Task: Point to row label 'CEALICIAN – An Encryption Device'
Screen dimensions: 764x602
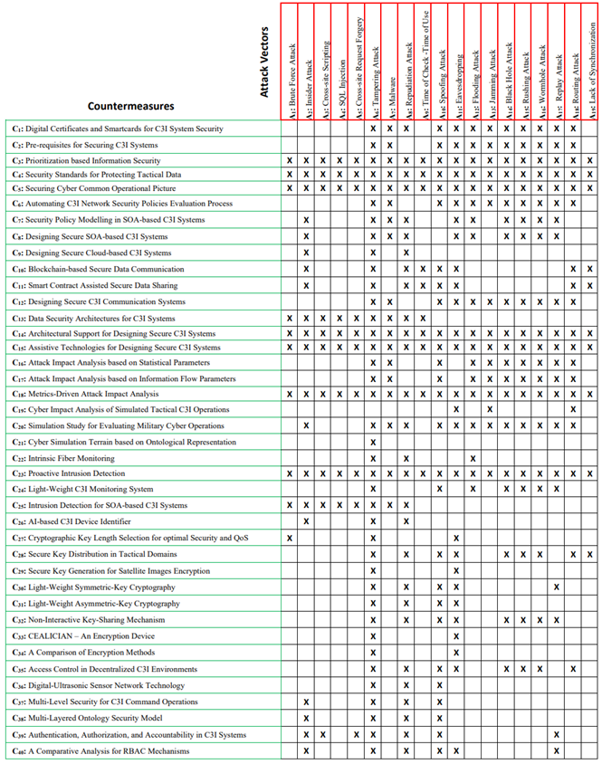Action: point(83,636)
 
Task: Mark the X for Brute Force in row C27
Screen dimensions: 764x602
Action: point(289,538)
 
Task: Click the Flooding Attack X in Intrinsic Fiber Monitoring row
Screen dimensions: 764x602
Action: point(473,458)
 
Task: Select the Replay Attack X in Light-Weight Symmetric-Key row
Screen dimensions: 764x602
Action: point(556,587)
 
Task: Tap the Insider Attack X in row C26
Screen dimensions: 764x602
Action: point(306,521)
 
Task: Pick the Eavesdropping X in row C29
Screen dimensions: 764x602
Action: point(456,570)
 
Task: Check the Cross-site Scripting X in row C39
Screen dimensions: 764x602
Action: point(322,734)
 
